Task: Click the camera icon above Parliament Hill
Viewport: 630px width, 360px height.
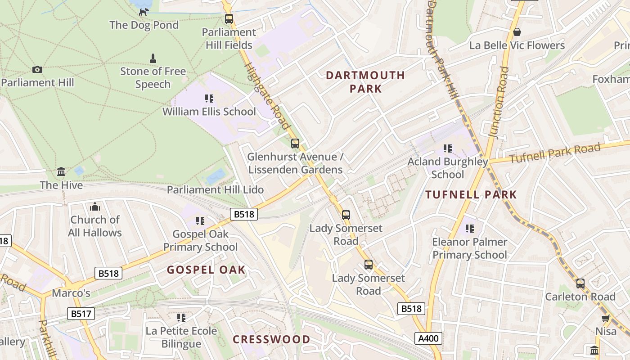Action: pos(37,69)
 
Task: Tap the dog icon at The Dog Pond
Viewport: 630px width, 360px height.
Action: pos(144,12)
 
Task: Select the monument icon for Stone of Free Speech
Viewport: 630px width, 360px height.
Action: pos(153,58)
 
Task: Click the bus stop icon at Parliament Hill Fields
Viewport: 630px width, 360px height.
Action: pos(229,19)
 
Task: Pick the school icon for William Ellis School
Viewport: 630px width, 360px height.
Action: pos(209,98)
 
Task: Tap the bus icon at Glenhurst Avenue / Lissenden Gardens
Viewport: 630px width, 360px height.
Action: pos(295,144)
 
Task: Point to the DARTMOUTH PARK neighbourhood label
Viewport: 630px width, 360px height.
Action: pos(365,81)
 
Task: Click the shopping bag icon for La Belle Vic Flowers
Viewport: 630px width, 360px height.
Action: pos(517,32)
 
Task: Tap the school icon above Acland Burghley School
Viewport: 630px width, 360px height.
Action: pos(448,148)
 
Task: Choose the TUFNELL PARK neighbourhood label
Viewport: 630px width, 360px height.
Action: pos(471,195)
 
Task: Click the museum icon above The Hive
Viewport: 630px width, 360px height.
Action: pos(61,171)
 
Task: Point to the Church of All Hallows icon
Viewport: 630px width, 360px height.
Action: pos(95,207)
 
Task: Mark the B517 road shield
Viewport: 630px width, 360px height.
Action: pos(81,314)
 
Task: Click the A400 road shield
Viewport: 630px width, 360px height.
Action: pos(428,338)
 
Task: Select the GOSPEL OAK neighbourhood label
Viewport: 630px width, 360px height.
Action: pos(206,270)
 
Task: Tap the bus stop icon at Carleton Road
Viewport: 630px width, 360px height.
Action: pos(580,283)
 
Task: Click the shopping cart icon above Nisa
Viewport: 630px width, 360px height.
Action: pos(606,318)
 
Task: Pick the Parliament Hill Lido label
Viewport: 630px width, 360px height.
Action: pos(215,189)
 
